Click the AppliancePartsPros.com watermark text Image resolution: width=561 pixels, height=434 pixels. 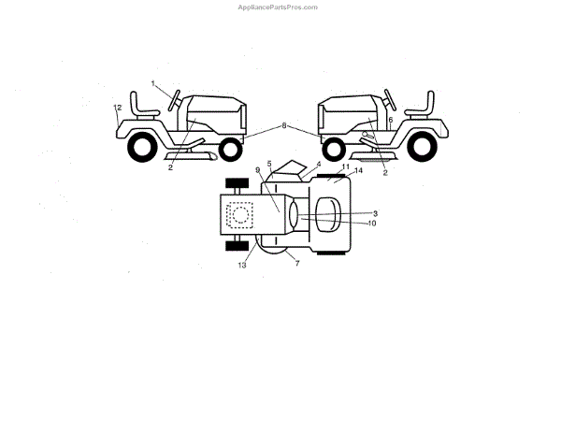tap(280, 7)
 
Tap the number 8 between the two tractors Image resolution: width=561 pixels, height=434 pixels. tap(283, 124)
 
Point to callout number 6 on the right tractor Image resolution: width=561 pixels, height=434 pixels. tap(390, 121)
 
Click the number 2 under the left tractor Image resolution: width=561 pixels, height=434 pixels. tap(170, 168)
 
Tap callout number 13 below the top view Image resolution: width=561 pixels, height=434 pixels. tap(242, 265)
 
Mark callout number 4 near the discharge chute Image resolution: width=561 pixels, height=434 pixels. tap(318, 164)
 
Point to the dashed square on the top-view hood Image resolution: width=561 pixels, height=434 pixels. tap(240, 214)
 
